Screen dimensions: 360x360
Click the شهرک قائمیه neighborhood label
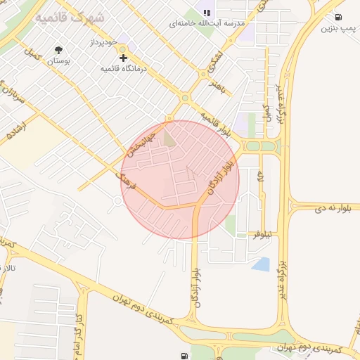click(x=70, y=17)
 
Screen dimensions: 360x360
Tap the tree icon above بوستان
click(x=58, y=50)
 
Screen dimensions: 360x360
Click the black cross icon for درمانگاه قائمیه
click(x=124, y=58)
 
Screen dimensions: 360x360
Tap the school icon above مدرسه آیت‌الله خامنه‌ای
click(x=207, y=13)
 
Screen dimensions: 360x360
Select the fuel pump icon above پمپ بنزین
click(x=338, y=17)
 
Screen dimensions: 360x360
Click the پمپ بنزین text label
click(x=336, y=28)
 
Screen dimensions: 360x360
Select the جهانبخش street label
click(x=136, y=141)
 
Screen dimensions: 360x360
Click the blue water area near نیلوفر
click(x=261, y=264)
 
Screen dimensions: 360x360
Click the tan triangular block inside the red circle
click(x=169, y=139)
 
